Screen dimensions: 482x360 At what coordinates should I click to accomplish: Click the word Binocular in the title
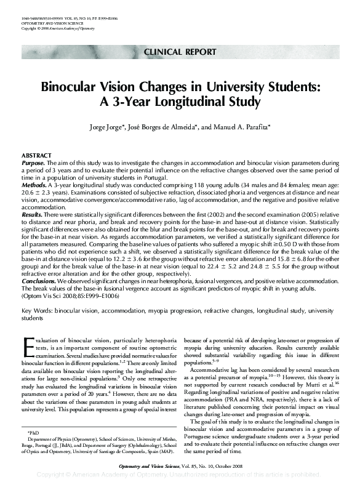pyautogui.click(x=70, y=87)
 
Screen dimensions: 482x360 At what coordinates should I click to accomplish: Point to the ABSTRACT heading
pyautogui.click(x=36, y=155)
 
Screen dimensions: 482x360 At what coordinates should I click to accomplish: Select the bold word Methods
pyautogui.click(x=34, y=185)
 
